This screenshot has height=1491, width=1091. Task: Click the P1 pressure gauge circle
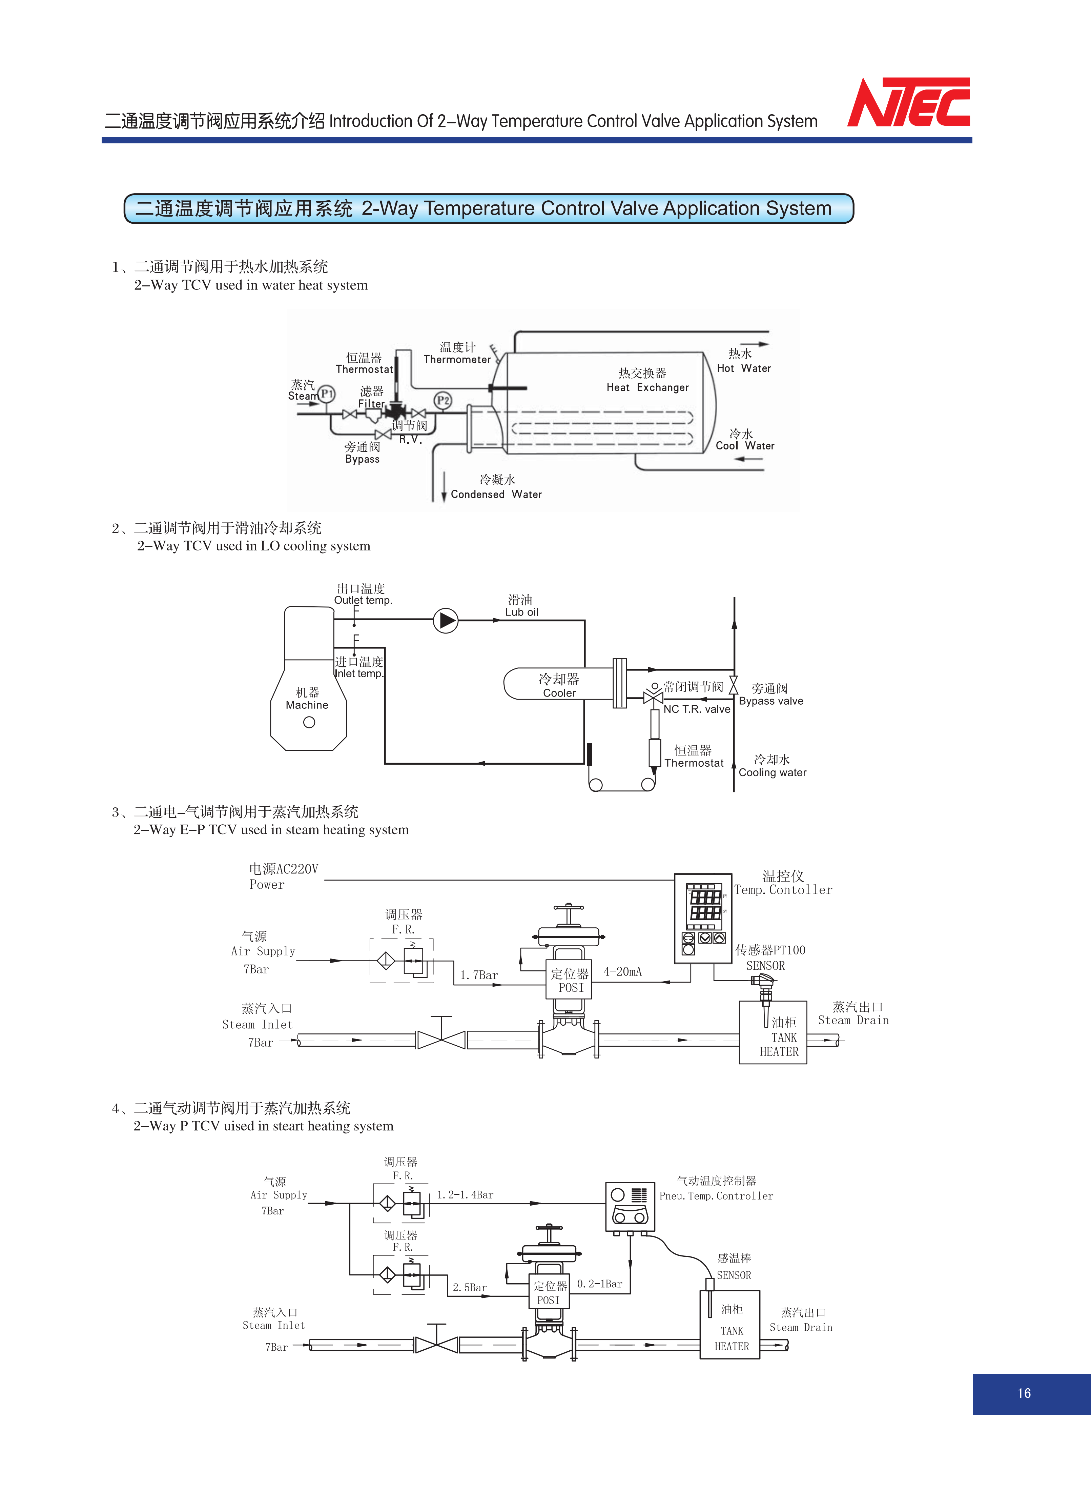click(x=327, y=395)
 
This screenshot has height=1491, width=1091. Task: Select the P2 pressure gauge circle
click(x=442, y=400)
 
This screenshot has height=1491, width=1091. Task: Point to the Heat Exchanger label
click(x=647, y=387)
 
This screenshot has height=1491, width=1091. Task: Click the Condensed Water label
click(x=496, y=494)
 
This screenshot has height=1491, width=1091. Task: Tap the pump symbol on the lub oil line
click(x=446, y=620)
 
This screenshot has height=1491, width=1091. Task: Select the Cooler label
click(x=559, y=693)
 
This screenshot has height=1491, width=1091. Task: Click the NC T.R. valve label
click(x=697, y=709)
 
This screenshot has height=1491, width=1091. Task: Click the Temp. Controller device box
click(x=703, y=918)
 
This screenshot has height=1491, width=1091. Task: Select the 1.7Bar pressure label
click(x=479, y=975)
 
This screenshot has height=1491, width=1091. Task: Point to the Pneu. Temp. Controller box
click(x=630, y=1206)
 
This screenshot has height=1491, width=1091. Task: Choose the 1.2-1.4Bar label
click(x=465, y=1194)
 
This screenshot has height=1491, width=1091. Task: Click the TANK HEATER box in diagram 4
click(x=730, y=1324)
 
